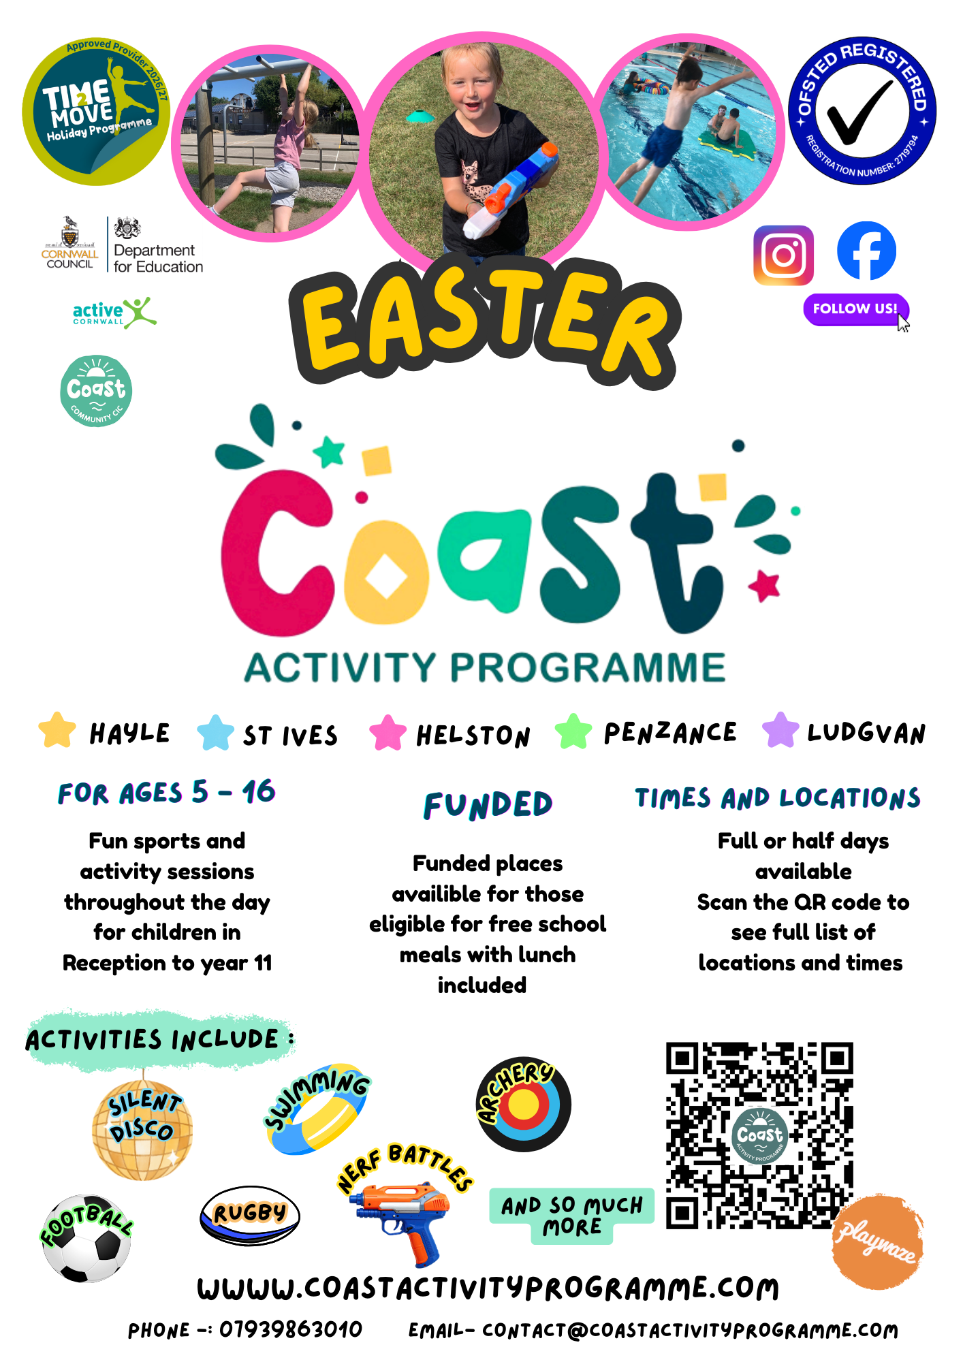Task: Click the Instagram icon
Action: pyautogui.click(x=783, y=255)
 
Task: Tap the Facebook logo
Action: pyautogui.click(x=866, y=251)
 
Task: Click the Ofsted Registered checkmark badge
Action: pyautogui.click(x=862, y=110)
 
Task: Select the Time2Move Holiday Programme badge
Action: pyautogui.click(x=95, y=111)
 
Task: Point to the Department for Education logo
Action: pyautogui.click(x=157, y=246)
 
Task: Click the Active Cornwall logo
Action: pyautogui.click(x=114, y=313)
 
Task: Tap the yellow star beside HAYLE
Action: pyautogui.click(x=57, y=730)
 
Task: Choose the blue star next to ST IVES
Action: pyautogui.click(x=215, y=733)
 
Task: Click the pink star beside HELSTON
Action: pyautogui.click(x=388, y=733)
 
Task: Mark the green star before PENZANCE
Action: pyautogui.click(x=573, y=731)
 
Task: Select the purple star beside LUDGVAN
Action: pyautogui.click(x=780, y=730)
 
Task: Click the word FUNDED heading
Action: pyautogui.click(x=488, y=805)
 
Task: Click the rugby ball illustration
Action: pyautogui.click(x=249, y=1216)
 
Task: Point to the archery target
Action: pyautogui.click(x=523, y=1105)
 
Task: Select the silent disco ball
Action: pyautogui.click(x=142, y=1129)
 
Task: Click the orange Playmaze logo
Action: pyautogui.click(x=879, y=1244)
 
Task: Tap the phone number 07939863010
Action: pyautogui.click(x=291, y=1329)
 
